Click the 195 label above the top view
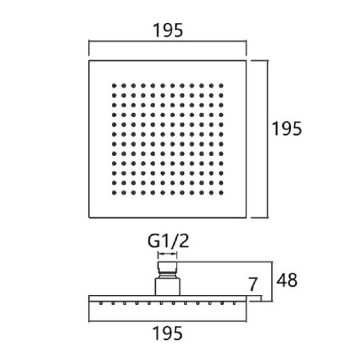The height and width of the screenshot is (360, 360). pyautogui.click(x=168, y=30)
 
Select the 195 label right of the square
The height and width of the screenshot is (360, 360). pyautogui.click(x=287, y=128)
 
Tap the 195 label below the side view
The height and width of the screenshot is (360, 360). pyautogui.click(x=168, y=333)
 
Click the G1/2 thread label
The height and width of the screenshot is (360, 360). pyautogui.click(x=168, y=241)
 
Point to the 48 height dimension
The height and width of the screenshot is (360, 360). pyautogui.click(x=287, y=280)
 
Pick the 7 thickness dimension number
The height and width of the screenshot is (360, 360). pyautogui.click(x=253, y=284)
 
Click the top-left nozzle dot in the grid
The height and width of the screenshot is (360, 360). pyautogui.click(x=114, y=86)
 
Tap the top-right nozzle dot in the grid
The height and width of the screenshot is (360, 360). pyautogui.click(x=221, y=86)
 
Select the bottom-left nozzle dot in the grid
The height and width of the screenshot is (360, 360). pyautogui.click(x=114, y=193)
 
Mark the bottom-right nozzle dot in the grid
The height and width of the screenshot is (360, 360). pyautogui.click(x=221, y=193)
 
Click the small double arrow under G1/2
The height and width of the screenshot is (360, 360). pyautogui.click(x=168, y=254)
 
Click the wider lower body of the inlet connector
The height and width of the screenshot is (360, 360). pyautogui.click(x=168, y=287)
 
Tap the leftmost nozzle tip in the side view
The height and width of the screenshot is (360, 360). pyautogui.click(x=101, y=303)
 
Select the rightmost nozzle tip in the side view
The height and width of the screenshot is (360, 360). pyautogui.click(x=234, y=303)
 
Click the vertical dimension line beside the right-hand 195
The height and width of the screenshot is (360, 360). pyautogui.click(x=268, y=139)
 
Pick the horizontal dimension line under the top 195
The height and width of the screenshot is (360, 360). pyautogui.click(x=168, y=41)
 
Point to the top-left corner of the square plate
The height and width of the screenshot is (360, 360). pyautogui.click(x=89, y=61)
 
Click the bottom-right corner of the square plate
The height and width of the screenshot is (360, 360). pyautogui.click(x=246, y=217)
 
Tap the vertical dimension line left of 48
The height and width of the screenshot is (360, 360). pyautogui.click(x=272, y=281)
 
